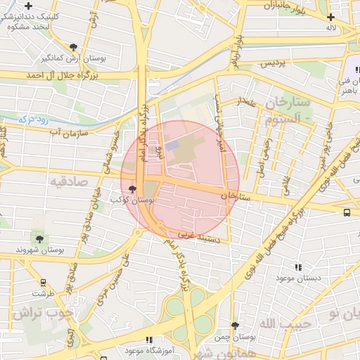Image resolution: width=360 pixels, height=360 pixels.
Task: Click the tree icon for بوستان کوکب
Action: point(133,188)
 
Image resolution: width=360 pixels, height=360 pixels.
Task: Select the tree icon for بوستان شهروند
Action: point(38,240)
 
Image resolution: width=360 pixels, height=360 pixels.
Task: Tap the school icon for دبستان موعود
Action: point(299,267)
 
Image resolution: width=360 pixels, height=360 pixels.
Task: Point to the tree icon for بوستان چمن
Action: point(235,326)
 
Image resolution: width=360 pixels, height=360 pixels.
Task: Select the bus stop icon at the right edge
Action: point(347,212)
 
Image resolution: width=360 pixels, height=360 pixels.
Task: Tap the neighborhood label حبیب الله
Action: point(281,323)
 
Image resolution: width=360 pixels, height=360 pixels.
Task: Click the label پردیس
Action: point(275,63)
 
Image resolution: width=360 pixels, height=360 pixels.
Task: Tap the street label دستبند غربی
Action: point(198,237)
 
